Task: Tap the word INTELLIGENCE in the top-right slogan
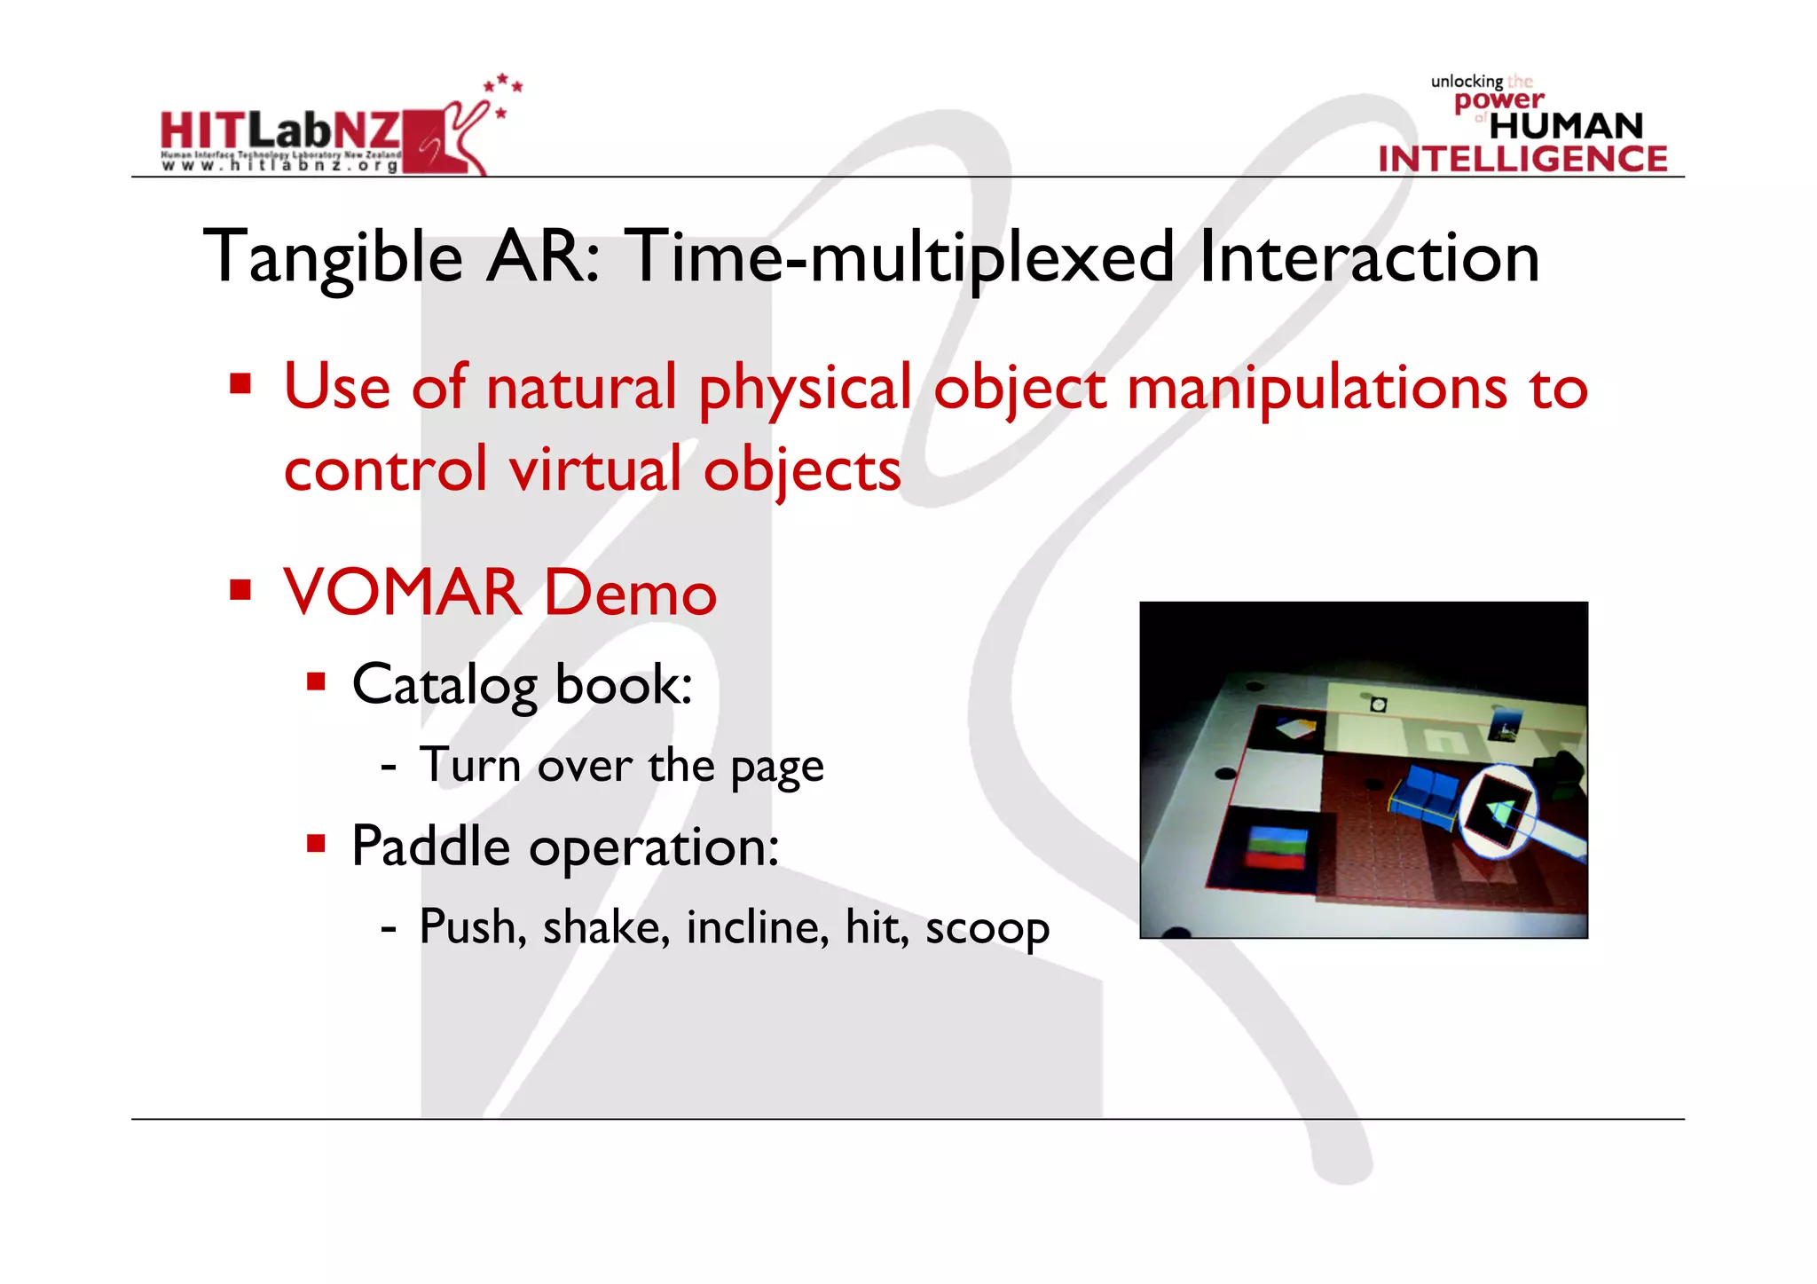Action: pos(1522,159)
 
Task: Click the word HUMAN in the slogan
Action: pos(1566,126)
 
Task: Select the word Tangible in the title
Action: pos(333,257)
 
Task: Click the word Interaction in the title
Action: pos(1368,257)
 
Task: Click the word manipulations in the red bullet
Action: pos(1316,389)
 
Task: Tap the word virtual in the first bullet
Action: pos(595,469)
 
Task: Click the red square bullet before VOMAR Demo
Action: pos(240,590)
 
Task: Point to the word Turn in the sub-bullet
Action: pos(469,765)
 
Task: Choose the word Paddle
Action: pos(430,847)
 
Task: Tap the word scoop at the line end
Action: pos(987,928)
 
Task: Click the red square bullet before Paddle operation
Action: pos(316,843)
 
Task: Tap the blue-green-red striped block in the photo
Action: pos(1277,848)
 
